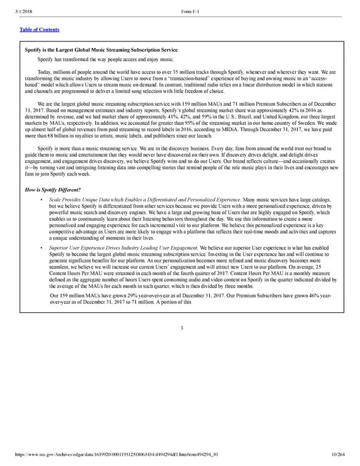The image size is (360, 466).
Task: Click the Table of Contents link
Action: coord(40,29)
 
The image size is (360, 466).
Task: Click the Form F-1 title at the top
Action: coord(190,5)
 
